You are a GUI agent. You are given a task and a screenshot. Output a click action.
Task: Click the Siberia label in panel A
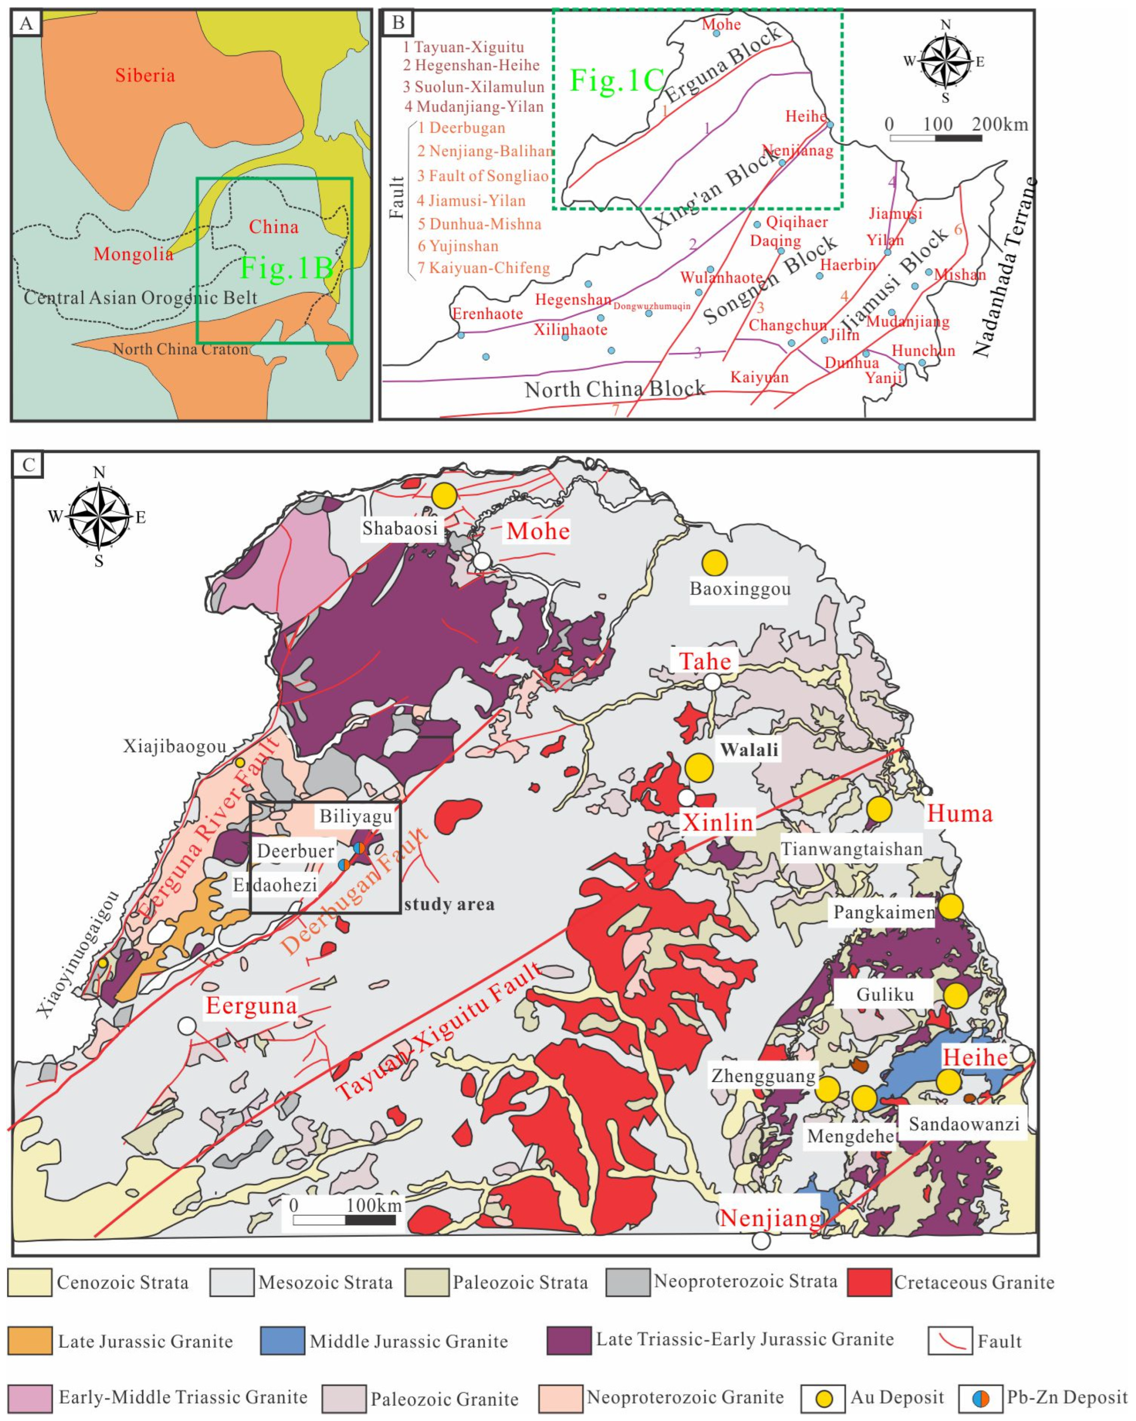click(145, 75)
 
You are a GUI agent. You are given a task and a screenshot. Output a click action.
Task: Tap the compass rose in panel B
click(945, 61)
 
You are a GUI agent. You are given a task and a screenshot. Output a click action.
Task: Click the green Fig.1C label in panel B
click(617, 80)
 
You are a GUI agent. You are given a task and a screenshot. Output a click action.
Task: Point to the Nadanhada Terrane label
click(1004, 267)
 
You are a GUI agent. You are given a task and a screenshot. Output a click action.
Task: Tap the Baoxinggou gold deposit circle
click(714, 563)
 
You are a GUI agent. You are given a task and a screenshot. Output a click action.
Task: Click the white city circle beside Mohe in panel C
click(482, 561)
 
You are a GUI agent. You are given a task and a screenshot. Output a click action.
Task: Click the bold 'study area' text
click(449, 904)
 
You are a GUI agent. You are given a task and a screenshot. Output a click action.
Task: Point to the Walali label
click(749, 749)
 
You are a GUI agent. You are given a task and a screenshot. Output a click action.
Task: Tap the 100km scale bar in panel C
click(344, 1220)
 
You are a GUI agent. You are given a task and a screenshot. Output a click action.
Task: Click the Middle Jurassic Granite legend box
click(282, 1341)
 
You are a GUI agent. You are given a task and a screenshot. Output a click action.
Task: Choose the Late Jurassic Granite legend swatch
click(30, 1341)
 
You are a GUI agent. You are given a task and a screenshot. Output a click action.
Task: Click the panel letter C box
click(29, 465)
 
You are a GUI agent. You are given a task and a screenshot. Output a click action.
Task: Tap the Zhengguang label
click(763, 1076)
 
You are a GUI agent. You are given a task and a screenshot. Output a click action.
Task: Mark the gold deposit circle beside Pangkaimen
click(950, 907)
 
